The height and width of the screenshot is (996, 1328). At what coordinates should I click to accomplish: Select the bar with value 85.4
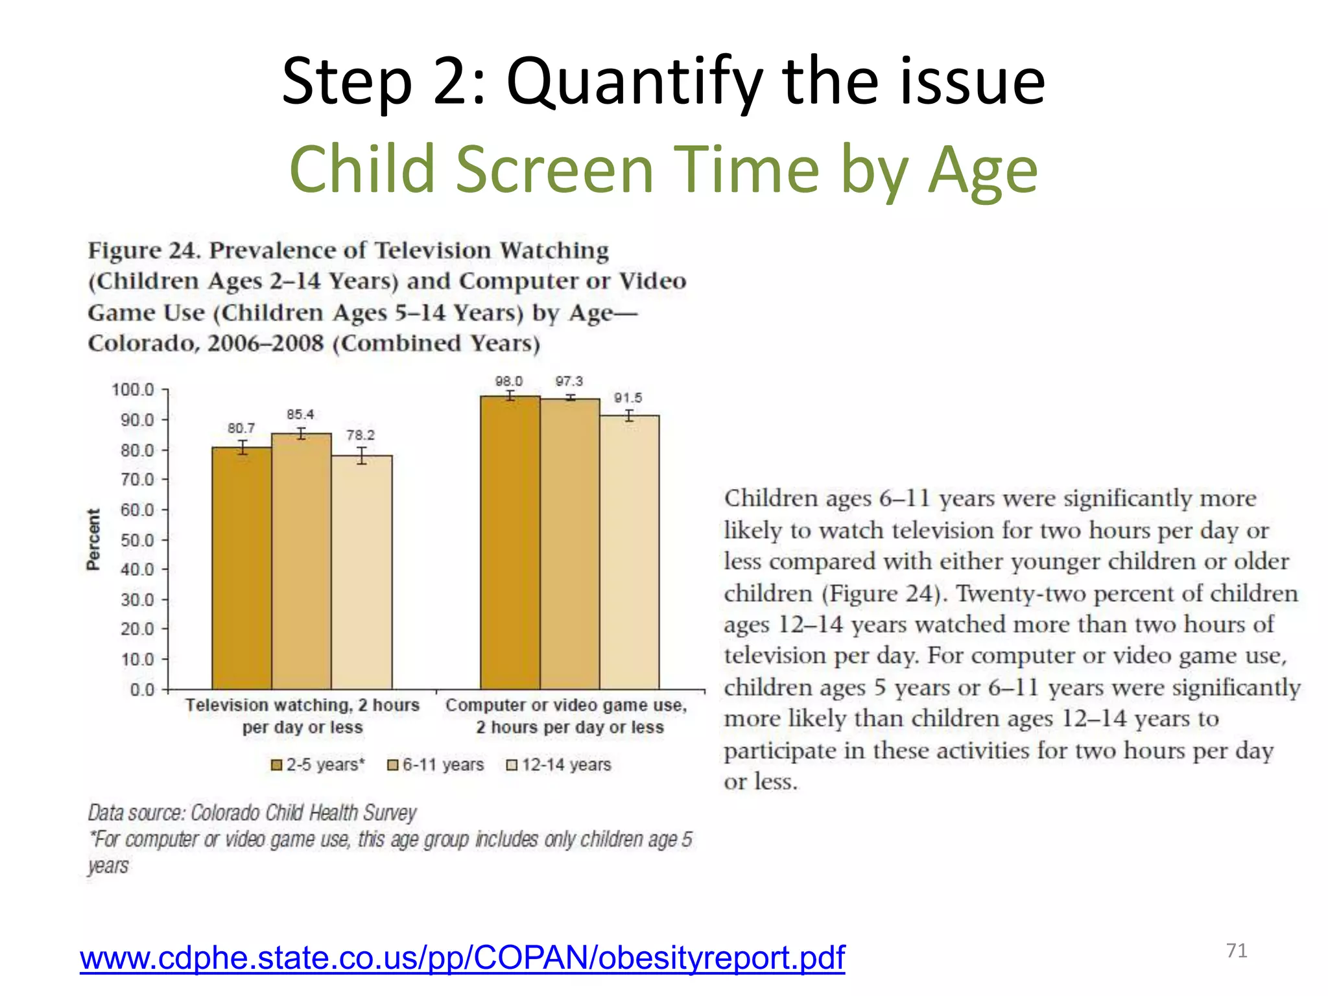[x=302, y=561]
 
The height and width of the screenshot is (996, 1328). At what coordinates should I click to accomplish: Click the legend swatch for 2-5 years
[x=277, y=765]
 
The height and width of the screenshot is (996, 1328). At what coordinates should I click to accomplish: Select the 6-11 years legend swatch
[x=392, y=765]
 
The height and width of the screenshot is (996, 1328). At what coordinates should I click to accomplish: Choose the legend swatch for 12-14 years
[x=512, y=765]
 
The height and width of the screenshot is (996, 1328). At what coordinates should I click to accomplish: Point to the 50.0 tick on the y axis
[x=137, y=540]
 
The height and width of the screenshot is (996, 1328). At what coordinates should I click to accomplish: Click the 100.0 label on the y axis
[x=133, y=390]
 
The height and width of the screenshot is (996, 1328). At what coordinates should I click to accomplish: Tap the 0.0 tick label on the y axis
[x=142, y=689]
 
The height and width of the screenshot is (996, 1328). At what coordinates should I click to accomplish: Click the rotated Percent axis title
[x=94, y=539]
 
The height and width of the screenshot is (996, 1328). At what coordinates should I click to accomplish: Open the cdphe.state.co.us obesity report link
[x=462, y=958]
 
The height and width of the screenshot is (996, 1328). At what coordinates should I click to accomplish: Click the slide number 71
[x=1237, y=951]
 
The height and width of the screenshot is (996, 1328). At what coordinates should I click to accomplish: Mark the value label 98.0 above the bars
[x=509, y=381]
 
